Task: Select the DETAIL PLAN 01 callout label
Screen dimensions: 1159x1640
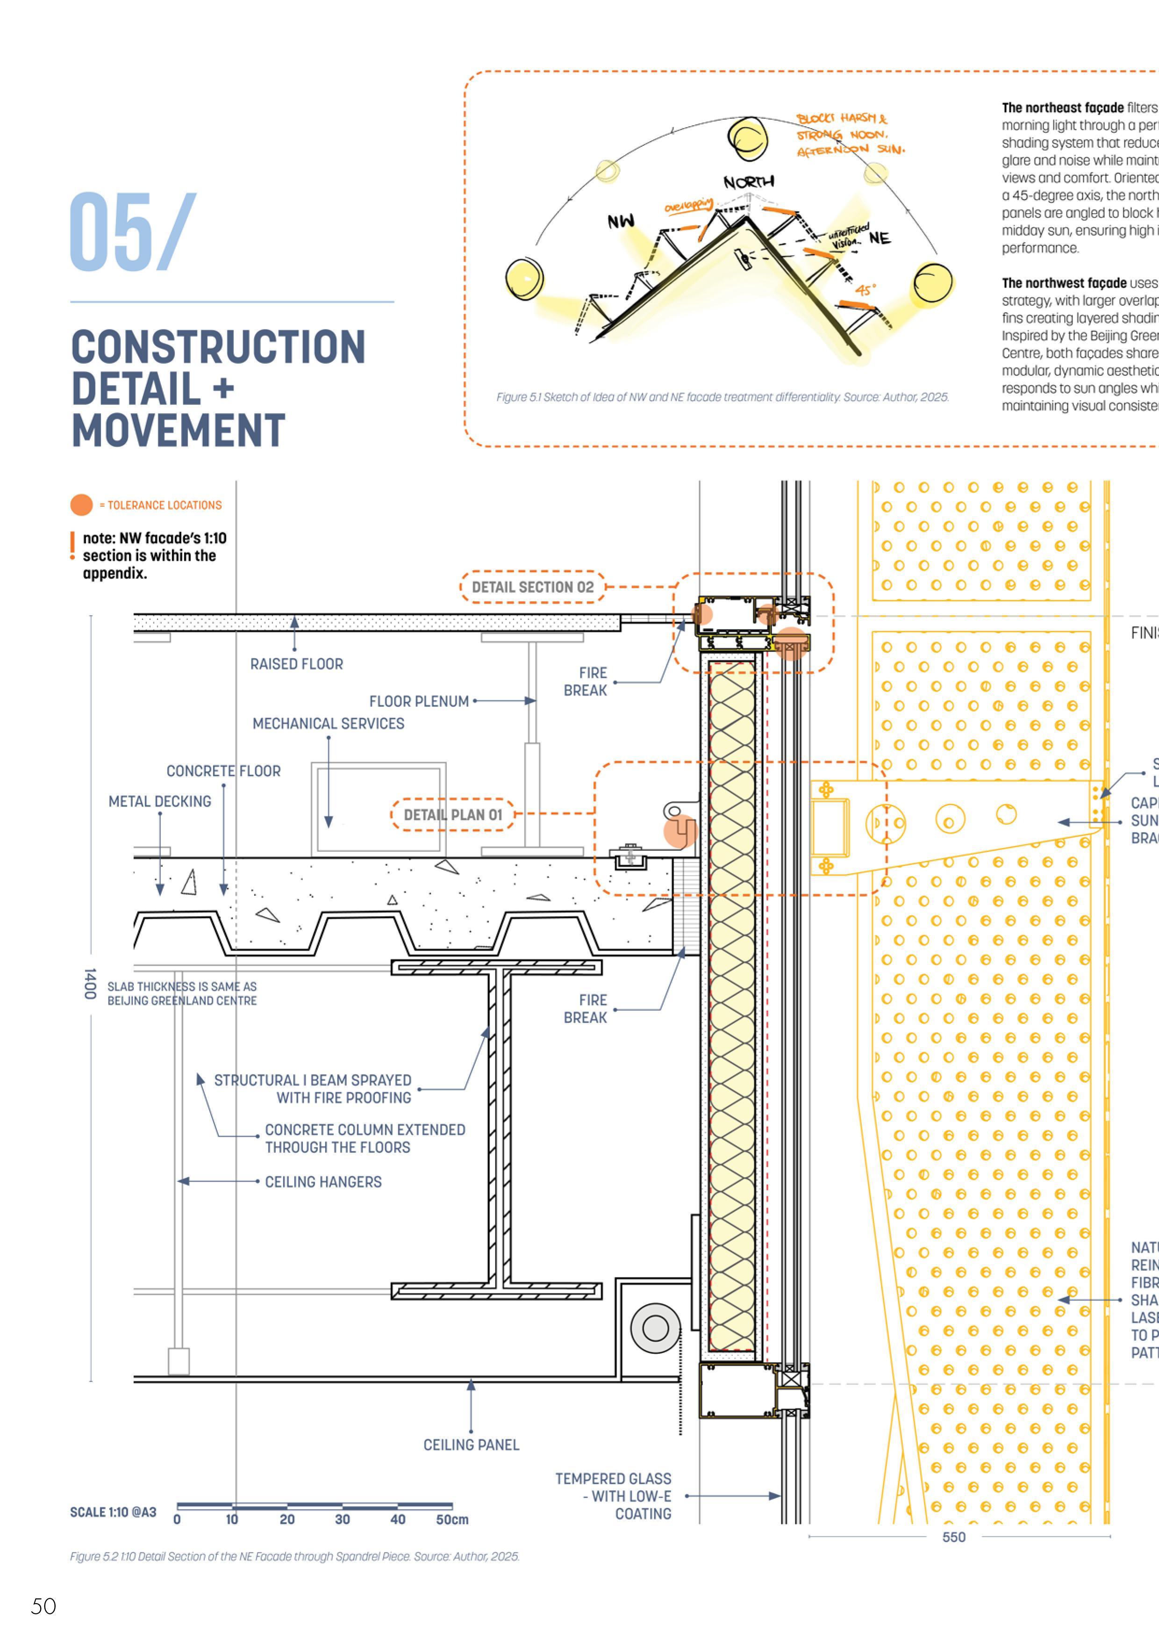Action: (453, 815)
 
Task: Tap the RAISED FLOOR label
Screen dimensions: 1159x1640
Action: (296, 664)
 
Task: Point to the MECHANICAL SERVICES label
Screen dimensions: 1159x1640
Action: (329, 724)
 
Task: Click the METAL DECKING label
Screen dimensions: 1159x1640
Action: (160, 801)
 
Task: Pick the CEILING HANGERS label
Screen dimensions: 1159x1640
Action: (323, 1182)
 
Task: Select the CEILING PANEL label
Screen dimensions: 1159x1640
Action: (472, 1445)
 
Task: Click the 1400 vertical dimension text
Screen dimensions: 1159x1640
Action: (90, 984)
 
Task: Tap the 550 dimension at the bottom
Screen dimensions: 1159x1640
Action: (954, 1537)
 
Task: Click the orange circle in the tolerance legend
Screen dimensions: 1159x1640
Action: (81, 505)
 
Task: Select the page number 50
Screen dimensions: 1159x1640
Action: (43, 1606)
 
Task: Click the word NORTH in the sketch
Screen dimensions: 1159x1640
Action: (748, 183)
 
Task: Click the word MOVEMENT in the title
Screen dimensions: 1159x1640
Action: (179, 430)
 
